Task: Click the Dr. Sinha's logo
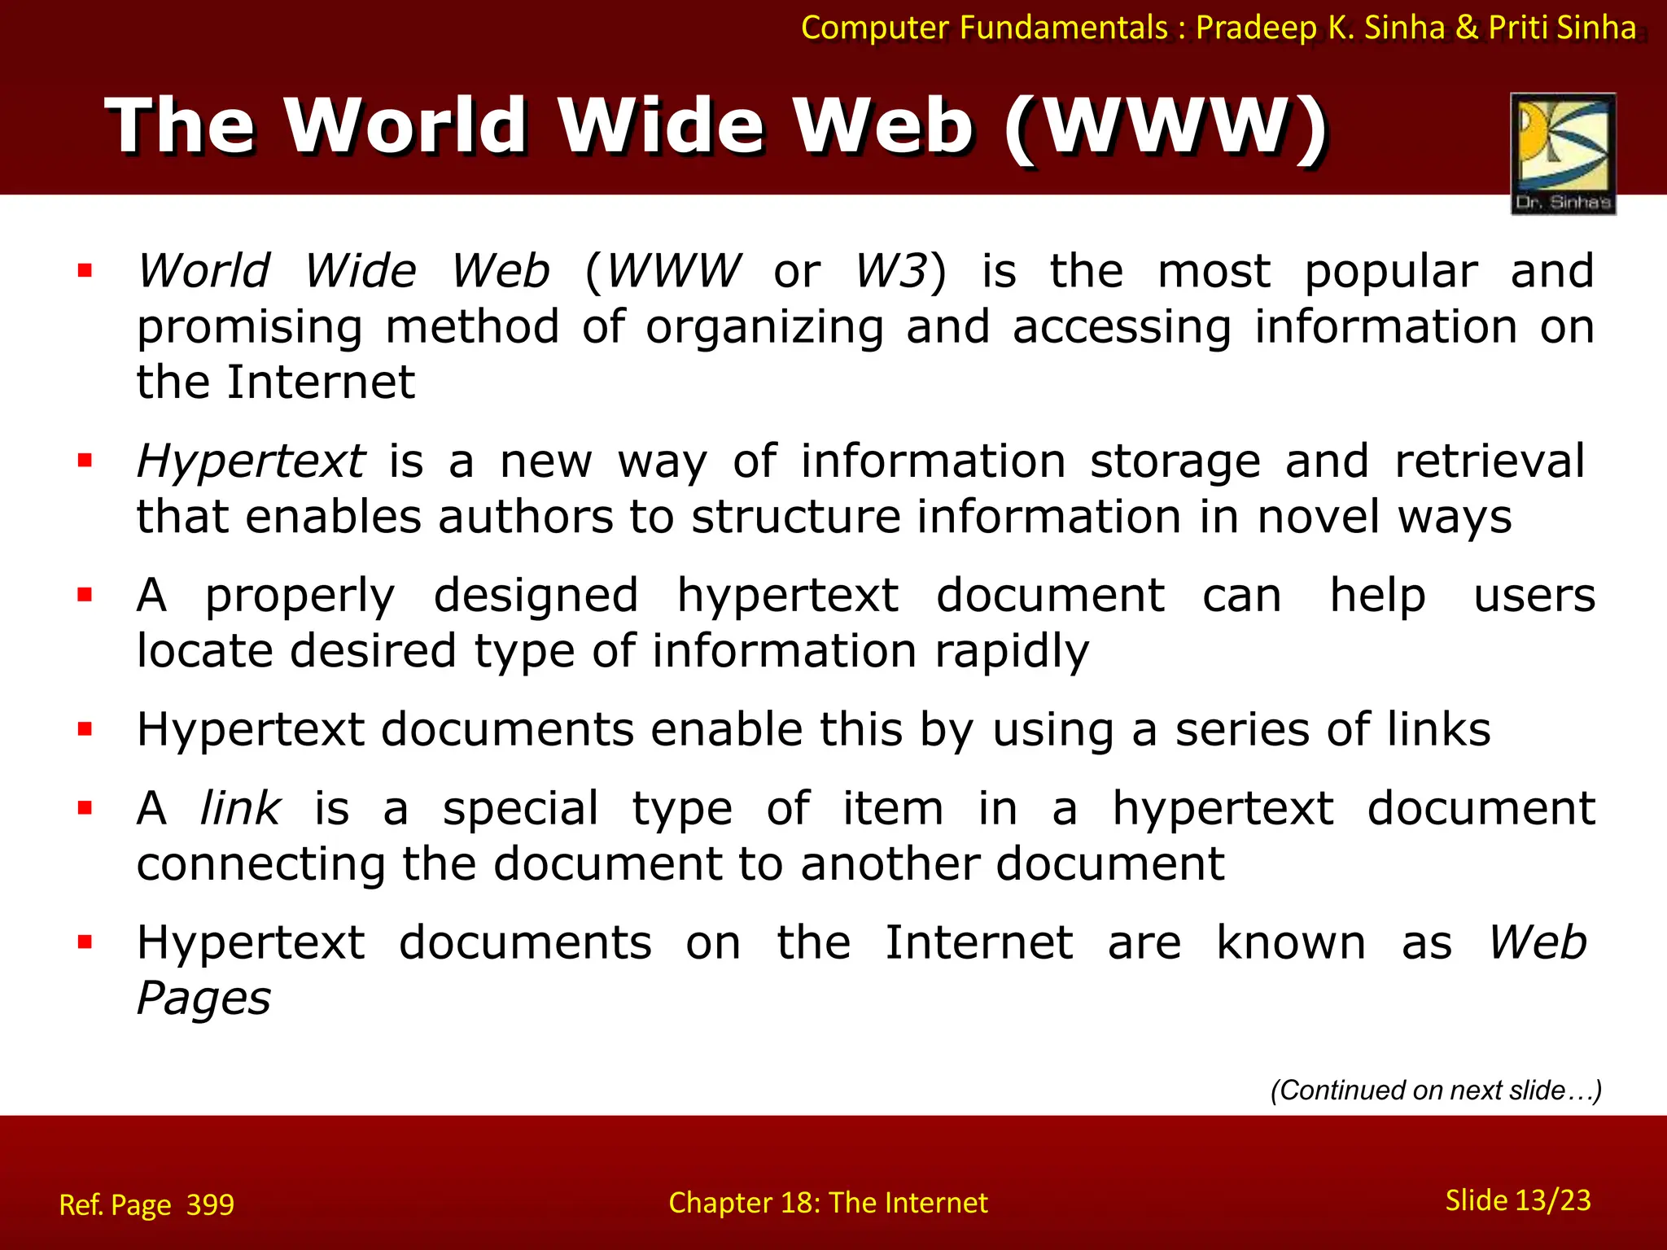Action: point(1563,153)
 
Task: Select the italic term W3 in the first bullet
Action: point(891,271)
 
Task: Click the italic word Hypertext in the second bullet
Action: point(251,461)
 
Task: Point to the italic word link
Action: point(240,808)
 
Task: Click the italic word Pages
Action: point(203,999)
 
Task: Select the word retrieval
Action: point(1490,461)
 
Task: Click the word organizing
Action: point(764,327)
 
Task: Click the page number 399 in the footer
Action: point(210,1204)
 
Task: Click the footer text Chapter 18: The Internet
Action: point(828,1203)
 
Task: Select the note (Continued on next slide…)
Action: point(1436,1090)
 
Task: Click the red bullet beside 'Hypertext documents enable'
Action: point(85,729)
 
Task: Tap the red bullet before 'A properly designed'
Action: point(85,596)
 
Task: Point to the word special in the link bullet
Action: point(520,808)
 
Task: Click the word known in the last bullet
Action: point(1291,943)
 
